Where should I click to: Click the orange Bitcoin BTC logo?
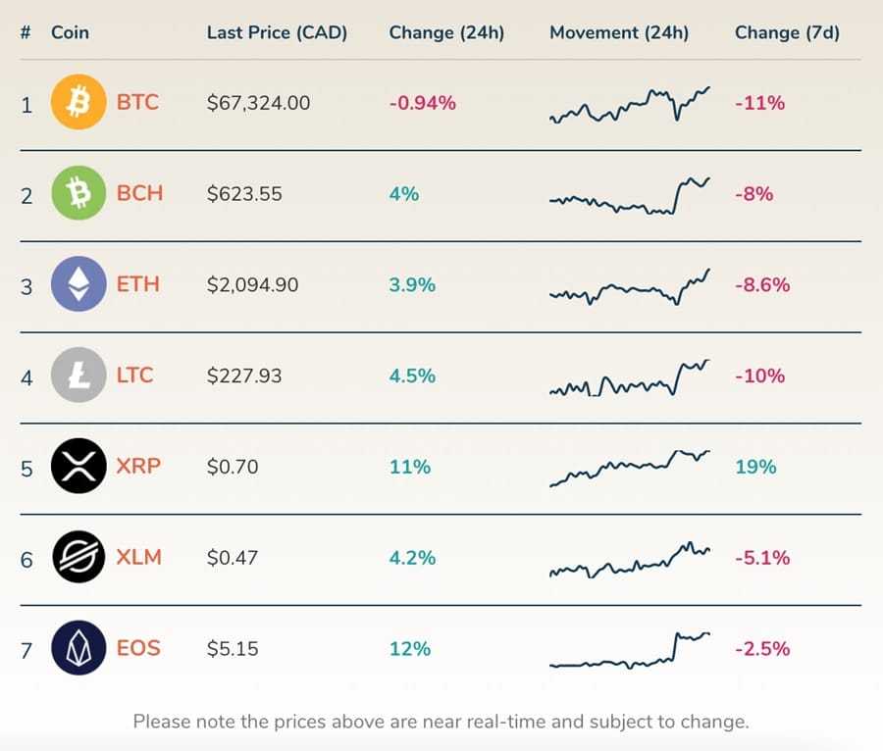(x=78, y=103)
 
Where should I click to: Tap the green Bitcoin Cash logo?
(x=78, y=193)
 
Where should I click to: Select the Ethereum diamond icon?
(x=78, y=284)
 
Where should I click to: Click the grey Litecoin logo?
(x=78, y=375)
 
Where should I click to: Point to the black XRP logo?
(x=78, y=467)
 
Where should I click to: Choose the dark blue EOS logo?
(x=78, y=648)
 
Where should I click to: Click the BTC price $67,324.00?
(x=258, y=103)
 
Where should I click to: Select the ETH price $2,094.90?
(x=252, y=285)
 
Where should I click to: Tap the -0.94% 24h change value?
(x=422, y=103)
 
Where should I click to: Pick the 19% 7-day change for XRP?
(x=754, y=467)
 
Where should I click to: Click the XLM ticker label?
(x=138, y=558)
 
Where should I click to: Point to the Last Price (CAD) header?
(x=277, y=32)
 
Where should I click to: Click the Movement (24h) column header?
(x=618, y=32)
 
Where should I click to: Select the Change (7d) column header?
(x=787, y=32)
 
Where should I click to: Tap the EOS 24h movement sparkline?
(x=629, y=650)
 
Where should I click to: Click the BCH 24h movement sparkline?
(x=629, y=196)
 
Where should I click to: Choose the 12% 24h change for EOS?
(x=409, y=649)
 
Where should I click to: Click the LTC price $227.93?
(x=243, y=376)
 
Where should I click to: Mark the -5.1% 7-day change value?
(x=761, y=558)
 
